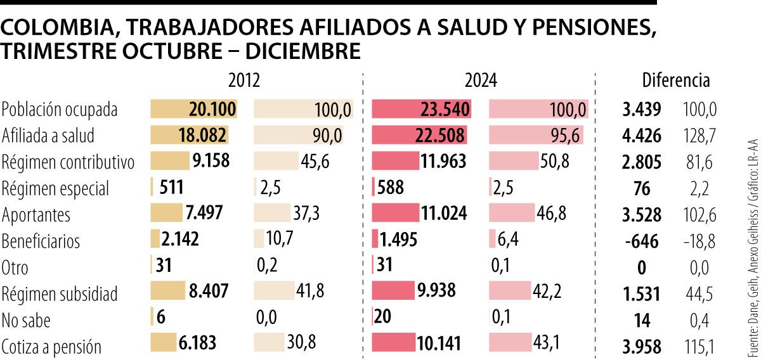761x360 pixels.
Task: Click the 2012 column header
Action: pyautogui.click(x=244, y=81)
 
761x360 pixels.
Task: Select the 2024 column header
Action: pyautogui.click(x=481, y=81)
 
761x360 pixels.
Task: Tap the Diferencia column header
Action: pyautogui.click(x=676, y=81)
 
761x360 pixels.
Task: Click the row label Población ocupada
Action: pyautogui.click(x=60, y=110)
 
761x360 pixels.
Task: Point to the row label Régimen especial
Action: pyautogui.click(x=55, y=189)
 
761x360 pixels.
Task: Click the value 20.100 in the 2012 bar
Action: pyautogui.click(x=212, y=109)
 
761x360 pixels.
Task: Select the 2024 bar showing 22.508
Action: pyautogui.click(x=419, y=136)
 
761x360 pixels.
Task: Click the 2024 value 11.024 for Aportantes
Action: pyautogui.click(x=446, y=214)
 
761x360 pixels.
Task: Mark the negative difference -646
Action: pyautogui.click(x=641, y=241)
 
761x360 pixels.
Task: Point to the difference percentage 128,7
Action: pyautogui.click(x=699, y=136)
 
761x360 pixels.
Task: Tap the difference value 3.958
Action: pyautogui.click(x=642, y=346)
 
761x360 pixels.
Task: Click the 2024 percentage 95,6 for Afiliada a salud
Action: pyautogui.click(x=568, y=136)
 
